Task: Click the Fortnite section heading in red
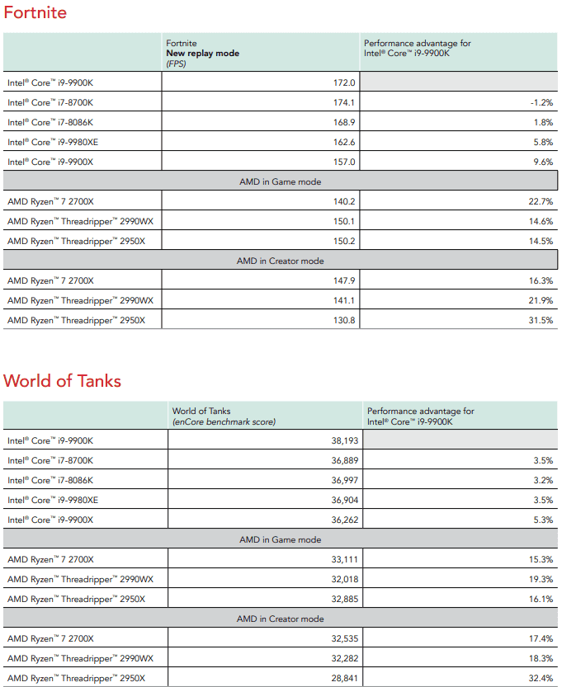click(x=35, y=13)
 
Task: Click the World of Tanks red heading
click(x=62, y=381)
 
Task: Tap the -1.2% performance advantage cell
click(x=541, y=102)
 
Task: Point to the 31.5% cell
click(x=541, y=320)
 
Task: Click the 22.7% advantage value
click(x=541, y=201)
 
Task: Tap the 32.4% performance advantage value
click(x=541, y=678)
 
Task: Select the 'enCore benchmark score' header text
click(x=224, y=421)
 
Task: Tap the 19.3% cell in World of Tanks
click(x=541, y=579)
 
